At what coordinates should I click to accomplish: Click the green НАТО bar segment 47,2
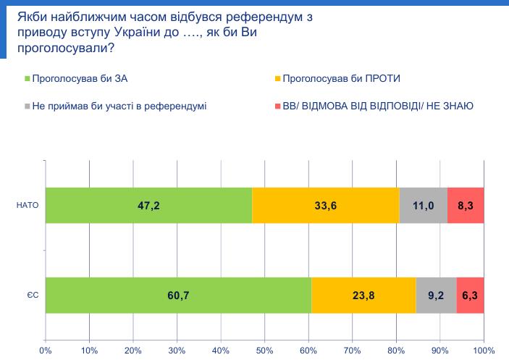tap(148, 206)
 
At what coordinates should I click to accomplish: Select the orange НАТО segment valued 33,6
tap(325, 206)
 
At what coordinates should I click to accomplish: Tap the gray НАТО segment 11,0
tap(423, 206)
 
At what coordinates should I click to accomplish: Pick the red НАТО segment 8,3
tap(466, 206)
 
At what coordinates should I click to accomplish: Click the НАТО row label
tap(26, 206)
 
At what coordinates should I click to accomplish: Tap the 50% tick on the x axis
tap(264, 351)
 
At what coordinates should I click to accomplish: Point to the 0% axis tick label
tap(46, 351)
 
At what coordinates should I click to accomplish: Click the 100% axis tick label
tap(483, 351)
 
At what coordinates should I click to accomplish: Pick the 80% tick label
tap(396, 351)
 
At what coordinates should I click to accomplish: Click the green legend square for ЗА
tap(28, 78)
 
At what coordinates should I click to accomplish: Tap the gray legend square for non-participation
tap(28, 106)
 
